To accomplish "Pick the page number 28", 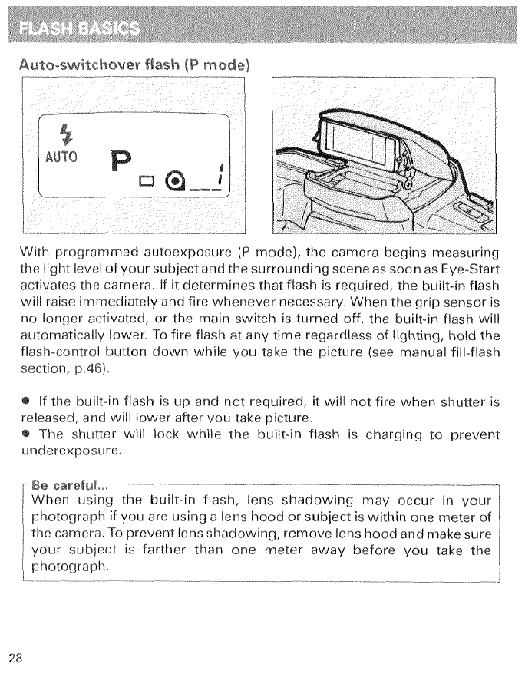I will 17,656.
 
